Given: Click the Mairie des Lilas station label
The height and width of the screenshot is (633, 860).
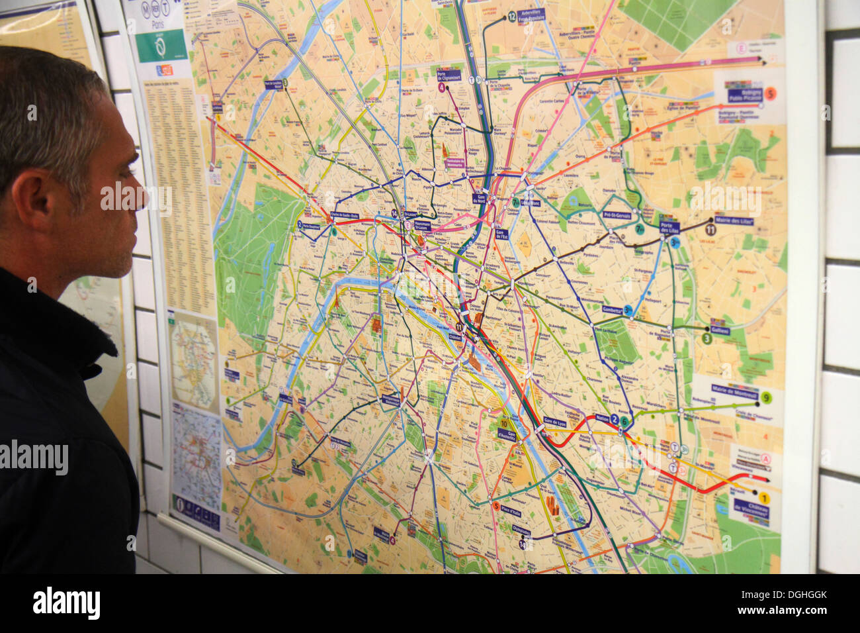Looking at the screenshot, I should pos(734,220).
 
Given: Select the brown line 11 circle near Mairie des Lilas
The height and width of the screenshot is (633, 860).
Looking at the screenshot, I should pos(710,230).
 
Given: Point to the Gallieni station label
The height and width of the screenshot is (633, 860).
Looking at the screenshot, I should pos(720,330).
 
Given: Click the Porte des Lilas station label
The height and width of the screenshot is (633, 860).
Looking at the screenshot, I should pos(669,226).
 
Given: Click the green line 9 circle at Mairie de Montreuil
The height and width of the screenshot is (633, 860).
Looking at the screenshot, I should pos(766,397).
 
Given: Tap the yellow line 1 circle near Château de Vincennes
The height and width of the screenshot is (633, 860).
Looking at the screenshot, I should pos(763,498).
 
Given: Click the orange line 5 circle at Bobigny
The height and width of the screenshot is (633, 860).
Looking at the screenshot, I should pos(771,93).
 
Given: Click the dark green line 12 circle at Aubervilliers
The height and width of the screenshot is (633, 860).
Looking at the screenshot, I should pos(511,18).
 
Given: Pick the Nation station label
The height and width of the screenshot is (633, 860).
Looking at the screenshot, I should pos(602,418).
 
